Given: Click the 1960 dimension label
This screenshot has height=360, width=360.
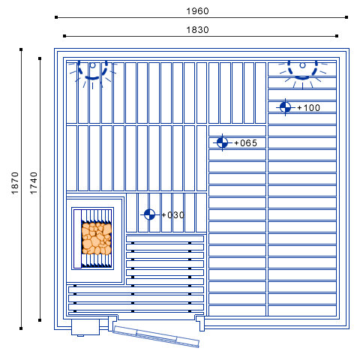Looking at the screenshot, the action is tap(197, 11).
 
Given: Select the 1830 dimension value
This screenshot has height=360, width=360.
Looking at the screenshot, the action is tap(197, 30).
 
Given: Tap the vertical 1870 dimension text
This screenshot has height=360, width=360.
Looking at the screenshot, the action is tap(15, 183).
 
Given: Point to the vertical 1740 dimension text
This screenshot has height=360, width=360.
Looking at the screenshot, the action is tap(34, 183).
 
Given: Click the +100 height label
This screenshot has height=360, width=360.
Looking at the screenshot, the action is tap(308, 108).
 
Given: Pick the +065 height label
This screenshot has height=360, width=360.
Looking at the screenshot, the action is tap(245, 143).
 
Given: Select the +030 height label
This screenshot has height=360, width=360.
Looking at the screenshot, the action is tap(172, 215).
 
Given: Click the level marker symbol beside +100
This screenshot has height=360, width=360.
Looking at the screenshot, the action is tap(285, 107).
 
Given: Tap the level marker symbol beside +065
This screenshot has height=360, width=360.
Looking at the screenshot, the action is tap(222, 142).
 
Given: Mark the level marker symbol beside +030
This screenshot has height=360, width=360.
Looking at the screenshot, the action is tap(149, 214).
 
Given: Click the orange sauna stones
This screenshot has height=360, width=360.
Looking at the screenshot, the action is tap(97, 238).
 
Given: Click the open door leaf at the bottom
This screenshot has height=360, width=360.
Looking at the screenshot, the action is tap(156, 337).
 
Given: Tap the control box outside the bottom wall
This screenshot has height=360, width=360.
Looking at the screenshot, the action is tap(85, 327).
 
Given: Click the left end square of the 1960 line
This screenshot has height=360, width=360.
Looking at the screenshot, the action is tap(56, 17).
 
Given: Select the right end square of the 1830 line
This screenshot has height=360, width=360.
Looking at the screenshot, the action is tap(337, 36).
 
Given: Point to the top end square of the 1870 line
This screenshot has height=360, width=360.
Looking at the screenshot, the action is tap(21, 49).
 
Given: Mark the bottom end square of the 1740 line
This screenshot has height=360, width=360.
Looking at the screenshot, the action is tap(40, 320).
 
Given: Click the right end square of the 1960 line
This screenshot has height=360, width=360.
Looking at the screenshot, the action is tap(346, 17).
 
